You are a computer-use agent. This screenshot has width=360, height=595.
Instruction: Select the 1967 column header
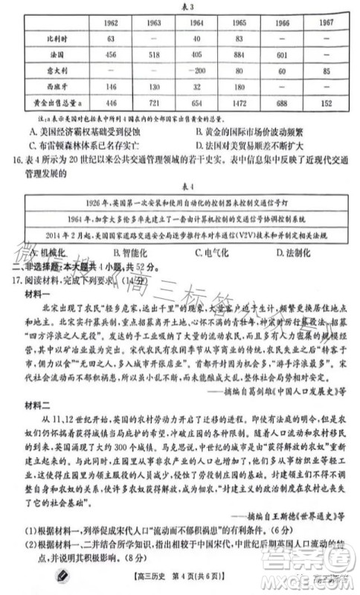[326, 23]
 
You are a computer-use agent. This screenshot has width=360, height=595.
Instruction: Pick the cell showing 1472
[240, 102]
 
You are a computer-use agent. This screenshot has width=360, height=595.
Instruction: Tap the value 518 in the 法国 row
[155, 54]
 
